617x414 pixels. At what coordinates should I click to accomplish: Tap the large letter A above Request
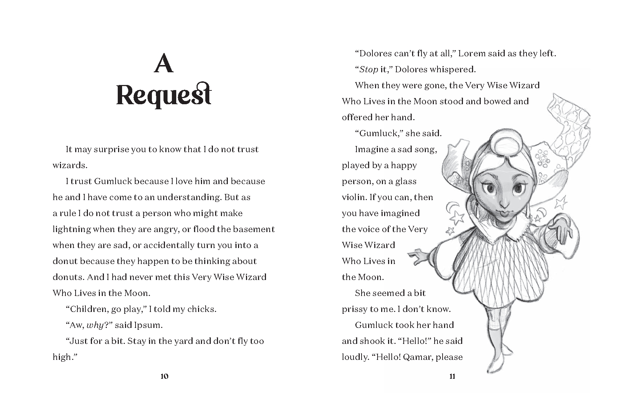tap(164, 65)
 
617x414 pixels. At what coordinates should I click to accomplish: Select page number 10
tap(164, 376)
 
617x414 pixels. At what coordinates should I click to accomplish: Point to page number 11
tap(452, 376)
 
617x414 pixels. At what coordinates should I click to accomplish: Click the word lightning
tap(72, 229)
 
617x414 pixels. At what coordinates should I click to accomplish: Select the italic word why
tap(95, 325)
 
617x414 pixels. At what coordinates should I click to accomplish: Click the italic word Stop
tap(368, 69)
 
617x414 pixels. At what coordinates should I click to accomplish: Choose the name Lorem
tap(472, 53)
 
